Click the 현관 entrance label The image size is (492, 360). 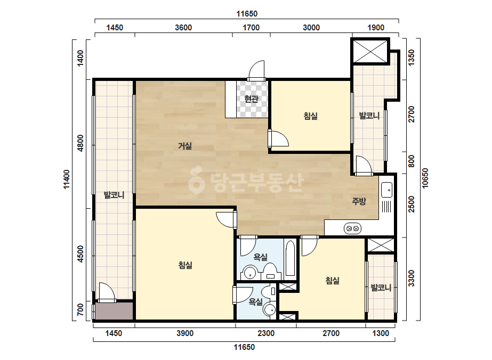252,99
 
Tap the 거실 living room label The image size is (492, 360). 185,146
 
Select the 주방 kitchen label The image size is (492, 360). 359,201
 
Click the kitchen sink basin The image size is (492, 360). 386,190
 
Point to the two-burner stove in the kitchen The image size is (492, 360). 352,228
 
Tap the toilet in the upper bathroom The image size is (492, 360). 270,271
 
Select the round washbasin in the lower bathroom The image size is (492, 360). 270,310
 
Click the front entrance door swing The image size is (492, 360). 257,70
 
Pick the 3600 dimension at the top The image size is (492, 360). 183,28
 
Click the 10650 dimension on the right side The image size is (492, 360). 425,178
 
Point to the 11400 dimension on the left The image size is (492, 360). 67,179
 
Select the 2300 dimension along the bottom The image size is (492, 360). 266,333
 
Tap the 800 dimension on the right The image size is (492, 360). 412,161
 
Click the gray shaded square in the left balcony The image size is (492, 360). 115,311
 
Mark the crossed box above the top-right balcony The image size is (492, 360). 370,51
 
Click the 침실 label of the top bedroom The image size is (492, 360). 311,116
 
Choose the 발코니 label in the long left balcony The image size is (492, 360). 114,195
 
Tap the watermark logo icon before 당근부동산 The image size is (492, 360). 196,179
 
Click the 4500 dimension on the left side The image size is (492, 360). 80,253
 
